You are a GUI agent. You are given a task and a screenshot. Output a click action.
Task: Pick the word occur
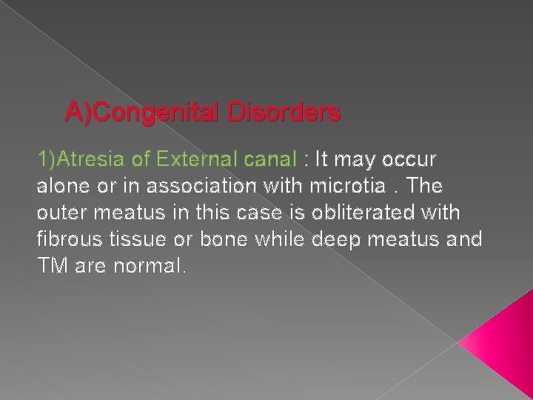pyautogui.click(x=412, y=159)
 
